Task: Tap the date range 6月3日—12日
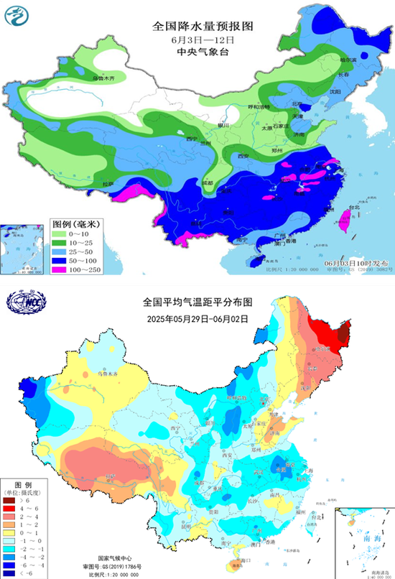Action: click(x=203, y=39)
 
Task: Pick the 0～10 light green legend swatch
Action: click(x=61, y=234)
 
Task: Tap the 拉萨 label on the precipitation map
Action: click(x=107, y=185)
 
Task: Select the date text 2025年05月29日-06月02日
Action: click(x=199, y=318)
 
